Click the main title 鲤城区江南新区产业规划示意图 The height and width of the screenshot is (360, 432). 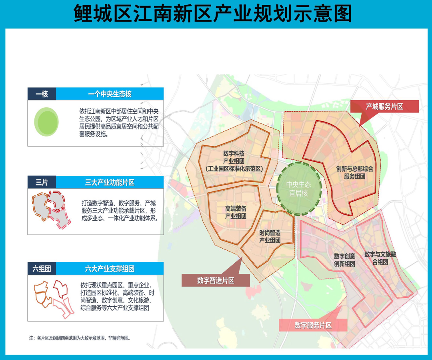pyautogui.click(x=213, y=14)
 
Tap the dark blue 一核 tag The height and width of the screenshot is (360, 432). pyautogui.click(x=42, y=94)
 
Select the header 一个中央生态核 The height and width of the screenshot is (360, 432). pyautogui.click(x=110, y=94)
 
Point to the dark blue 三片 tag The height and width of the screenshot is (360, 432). pyautogui.click(x=42, y=183)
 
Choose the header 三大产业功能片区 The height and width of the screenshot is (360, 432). pyautogui.click(x=110, y=183)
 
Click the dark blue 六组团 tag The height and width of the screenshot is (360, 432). pyautogui.click(x=42, y=269)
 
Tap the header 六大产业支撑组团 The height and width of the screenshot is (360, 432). pyautogui.click(x=110, y=269)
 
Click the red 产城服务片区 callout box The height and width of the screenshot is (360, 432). pyautogui.click(x=384, y=107)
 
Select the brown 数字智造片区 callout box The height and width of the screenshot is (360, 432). pyautogui.click(x=216, y=280)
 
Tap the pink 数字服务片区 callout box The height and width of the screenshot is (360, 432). pyautogui.click(x=313, y=325)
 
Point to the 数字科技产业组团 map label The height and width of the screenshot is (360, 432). pyautogui.click(x=234, y=161)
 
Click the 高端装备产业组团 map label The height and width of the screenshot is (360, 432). pyautogui.click(x=235, y=212)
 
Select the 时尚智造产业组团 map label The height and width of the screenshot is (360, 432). pyautogui.click(x=270, y=237)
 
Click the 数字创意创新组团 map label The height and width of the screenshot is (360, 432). pyautogui.click(x=344, y=260)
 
